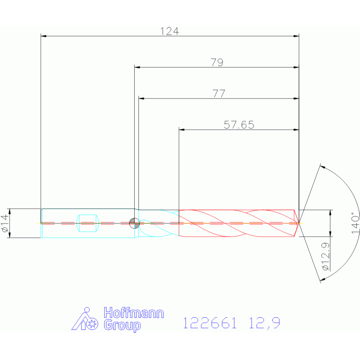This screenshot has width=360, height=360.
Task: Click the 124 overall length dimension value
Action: [x=169, y=31]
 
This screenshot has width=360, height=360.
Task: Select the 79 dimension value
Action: [x=217, y=62]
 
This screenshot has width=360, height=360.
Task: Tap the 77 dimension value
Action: [x=219, y=94]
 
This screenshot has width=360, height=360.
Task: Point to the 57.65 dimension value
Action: [x=239, y=125]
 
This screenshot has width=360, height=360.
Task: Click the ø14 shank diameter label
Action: [x=5, y=223]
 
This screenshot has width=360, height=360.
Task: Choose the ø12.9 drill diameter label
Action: [x=326, y=256]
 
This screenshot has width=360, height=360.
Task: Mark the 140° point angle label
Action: [x=355, y=223]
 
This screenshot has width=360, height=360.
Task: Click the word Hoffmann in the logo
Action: [x=134, y=313]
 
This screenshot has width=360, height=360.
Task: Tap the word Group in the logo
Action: [x=122, y=325]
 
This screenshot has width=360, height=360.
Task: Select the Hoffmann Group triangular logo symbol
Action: [x=84, y=319]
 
